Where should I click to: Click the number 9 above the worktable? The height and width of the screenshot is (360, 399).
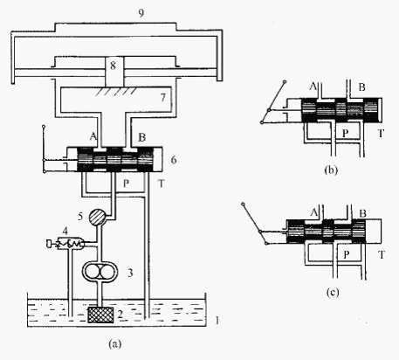click(x=141, y=13)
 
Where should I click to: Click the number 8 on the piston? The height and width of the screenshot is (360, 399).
click(x=114, y=66)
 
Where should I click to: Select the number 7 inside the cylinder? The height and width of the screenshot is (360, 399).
click(x=163, y=97)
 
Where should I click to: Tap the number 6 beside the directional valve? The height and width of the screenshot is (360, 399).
click(x=174, y=160)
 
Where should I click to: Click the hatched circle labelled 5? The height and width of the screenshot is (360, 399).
click(x=98, y=217)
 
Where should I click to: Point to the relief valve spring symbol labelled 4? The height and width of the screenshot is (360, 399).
click(x=70, y=244)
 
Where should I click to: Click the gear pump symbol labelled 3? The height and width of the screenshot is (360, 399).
click(x=100, y=273)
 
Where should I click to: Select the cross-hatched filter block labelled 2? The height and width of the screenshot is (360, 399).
click(x=100, y=315)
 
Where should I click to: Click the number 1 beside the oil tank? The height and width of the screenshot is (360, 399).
click(x=217, y=321)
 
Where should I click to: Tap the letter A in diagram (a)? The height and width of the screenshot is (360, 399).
click(x=93, y=136)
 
